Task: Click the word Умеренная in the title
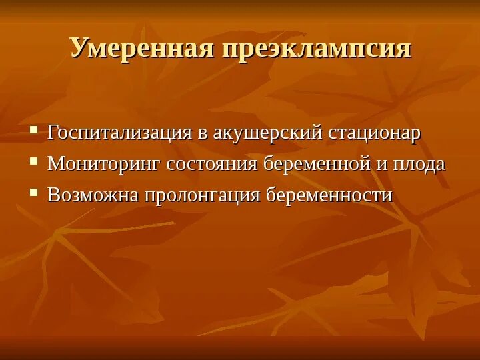click(x=141, y=49)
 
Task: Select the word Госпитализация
click(x=120, y=133)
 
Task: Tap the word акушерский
click(x=267, y=133)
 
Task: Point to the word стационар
click(x=375, y=133)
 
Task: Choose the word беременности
click(x=329, y=195)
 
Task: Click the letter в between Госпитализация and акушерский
click(x=202, y=133)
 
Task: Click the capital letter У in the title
click(x=79, y=49)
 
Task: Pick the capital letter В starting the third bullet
click(x=53, y=195)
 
